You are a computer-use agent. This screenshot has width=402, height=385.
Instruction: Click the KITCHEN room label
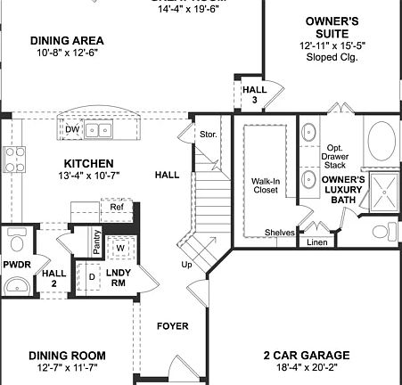point(88,163)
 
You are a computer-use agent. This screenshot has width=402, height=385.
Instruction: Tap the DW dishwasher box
point(72,130)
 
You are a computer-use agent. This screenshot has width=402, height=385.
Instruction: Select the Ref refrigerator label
point(117,207)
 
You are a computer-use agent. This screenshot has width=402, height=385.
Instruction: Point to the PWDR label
point(17,265)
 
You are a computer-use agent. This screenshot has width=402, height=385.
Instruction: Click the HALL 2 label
point(55,278)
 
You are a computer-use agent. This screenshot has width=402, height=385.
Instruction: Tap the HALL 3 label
point(251,94)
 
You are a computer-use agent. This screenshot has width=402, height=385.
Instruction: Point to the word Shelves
point(279,233)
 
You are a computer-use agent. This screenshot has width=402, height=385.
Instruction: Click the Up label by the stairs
point(186,266)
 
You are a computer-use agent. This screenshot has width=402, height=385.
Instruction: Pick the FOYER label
point(172,325)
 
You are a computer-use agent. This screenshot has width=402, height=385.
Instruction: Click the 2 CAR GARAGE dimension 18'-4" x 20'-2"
point(306,368)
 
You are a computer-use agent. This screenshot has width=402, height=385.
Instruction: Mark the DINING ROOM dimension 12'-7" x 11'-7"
point(68,368)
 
